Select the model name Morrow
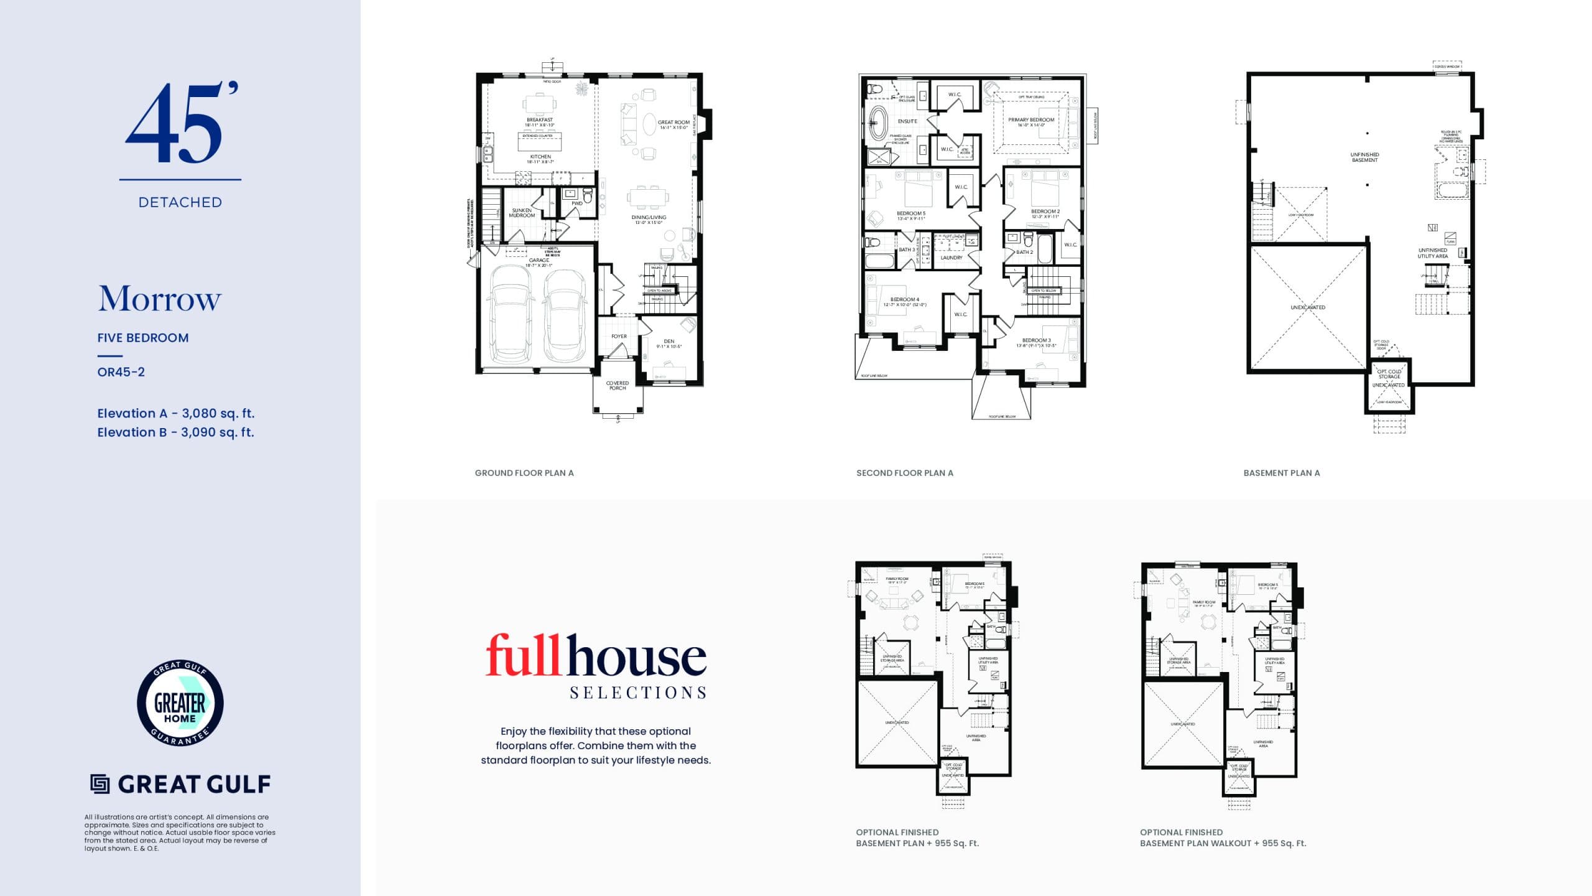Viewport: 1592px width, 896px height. click(159, 299)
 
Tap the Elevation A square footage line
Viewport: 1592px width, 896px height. click(175, 413)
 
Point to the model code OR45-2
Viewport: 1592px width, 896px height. click(121, 372)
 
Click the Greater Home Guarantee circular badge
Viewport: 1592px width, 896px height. click(180, 703)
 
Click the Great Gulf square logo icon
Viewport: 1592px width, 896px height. click(99, 784)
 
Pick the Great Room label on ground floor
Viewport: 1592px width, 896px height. click(673, 123)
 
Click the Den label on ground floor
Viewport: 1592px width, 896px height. click(669, 342)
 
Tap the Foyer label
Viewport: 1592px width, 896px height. click(619, 337)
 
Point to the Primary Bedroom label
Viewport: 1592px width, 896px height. click(1031, 120)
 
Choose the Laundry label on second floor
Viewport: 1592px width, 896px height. click(951, 258)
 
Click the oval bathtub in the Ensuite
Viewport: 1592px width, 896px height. click(878, 123)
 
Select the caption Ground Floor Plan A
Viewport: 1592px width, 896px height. click(524, 473)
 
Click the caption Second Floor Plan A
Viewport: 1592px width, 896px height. click(904, 473)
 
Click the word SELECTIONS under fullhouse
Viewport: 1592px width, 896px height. click(638, 693)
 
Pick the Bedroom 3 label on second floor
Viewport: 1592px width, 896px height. click(1037, 340)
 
